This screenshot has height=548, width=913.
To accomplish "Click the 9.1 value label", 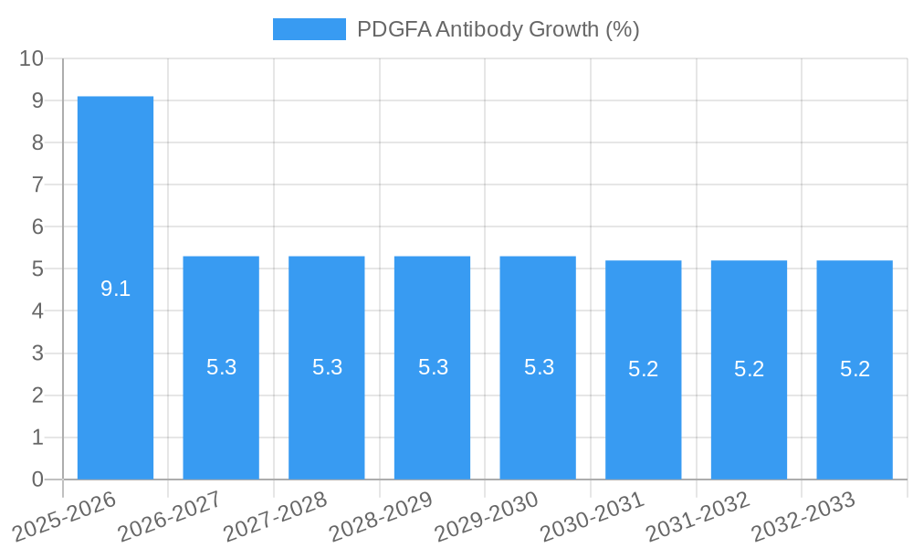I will coord(115,290).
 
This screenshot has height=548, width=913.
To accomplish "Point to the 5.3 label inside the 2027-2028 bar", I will coord(327,367).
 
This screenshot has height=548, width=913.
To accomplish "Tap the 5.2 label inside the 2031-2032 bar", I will coord(750,369).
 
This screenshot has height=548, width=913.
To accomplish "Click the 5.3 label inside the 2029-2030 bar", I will coord(539,367).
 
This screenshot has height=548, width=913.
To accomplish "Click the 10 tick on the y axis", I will coord(32,58).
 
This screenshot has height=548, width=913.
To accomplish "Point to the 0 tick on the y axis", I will coord(37,479).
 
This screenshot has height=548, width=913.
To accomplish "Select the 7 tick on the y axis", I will coord(37,184).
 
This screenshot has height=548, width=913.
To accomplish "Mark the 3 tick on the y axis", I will coord(37,353).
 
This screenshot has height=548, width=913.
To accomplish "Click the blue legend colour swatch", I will coord(310,29).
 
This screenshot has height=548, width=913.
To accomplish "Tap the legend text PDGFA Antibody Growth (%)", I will coord(498,29).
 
